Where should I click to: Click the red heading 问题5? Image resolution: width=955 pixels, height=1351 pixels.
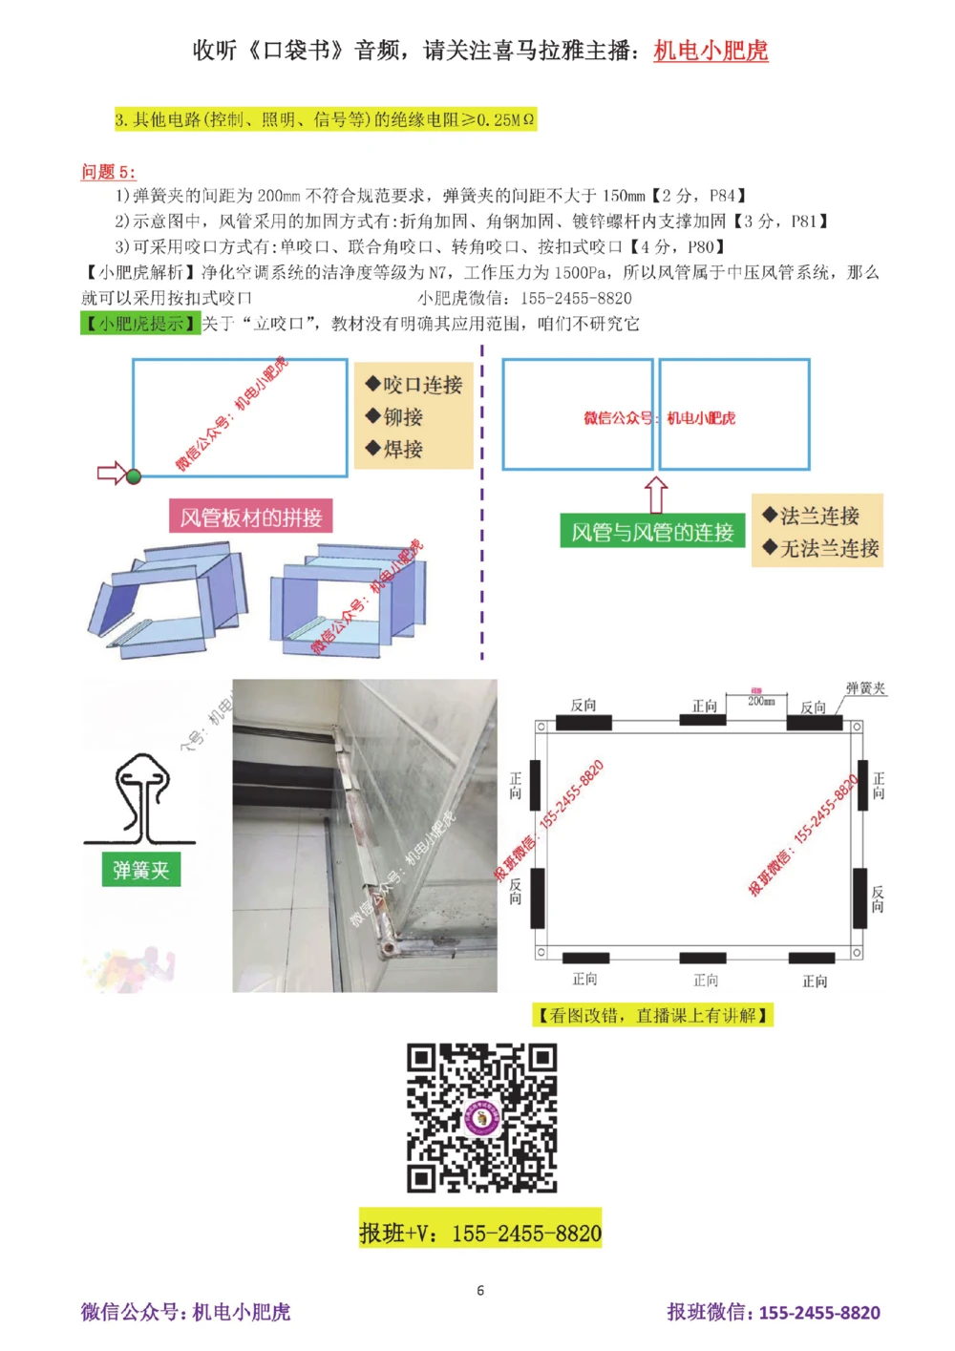[x=108, y=172]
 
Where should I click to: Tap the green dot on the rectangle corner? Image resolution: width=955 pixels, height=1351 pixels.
[x=134, y=475]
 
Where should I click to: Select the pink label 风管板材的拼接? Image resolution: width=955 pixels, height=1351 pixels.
[x=251, y=517]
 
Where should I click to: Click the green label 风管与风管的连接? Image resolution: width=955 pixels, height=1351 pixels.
[x=652, y=532]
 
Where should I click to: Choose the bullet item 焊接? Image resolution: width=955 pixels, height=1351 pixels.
[x=393, y=449]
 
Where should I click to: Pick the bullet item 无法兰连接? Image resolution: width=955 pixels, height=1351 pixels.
[x=819, y=548]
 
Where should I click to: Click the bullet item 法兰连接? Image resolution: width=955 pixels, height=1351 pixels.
[x=811, y=516]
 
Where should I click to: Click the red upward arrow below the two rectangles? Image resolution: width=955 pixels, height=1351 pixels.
[x=656, y=495]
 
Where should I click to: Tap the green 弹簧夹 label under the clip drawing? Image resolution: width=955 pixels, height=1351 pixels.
[x=141, y=870]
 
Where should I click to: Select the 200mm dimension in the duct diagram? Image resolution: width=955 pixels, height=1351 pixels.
[x=761, y=700]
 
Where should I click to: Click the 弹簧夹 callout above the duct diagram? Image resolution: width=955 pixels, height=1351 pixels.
[x=865, y=688]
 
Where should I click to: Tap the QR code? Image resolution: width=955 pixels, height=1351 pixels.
[x=481, y=1117]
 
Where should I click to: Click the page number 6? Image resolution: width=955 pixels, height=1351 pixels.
[x=480, y=1290]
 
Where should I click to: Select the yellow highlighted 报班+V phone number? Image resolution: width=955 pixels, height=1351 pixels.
[x=480, y=1234]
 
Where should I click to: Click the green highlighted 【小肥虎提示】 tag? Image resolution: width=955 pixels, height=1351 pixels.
[x=140, y=324]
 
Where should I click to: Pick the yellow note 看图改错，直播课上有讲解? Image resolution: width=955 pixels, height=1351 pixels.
[x=652, y=1015]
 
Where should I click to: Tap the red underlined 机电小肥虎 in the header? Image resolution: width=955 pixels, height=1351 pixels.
[x=711, y=51]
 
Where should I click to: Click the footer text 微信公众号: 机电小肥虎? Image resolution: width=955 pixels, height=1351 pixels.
[x=185, y=1312]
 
